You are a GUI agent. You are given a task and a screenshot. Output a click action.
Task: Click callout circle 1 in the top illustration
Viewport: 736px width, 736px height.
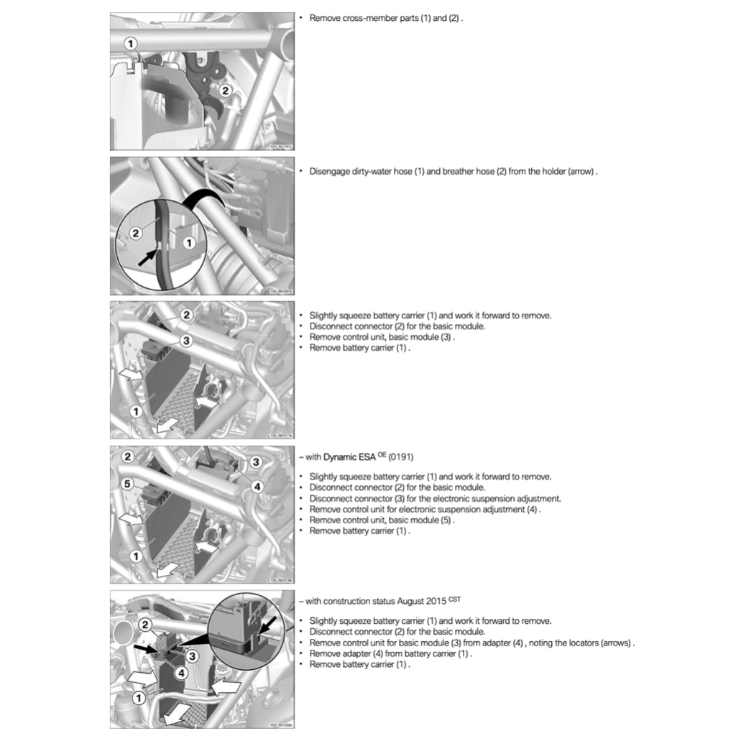(x=130, y=44)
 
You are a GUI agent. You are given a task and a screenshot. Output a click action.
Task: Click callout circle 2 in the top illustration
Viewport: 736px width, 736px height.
(x=225, y=91)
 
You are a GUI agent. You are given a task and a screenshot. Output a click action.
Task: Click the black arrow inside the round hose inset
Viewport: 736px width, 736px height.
(x=149, y=257)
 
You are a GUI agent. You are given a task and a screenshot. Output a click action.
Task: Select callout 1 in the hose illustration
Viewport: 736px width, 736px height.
(x=189, y=243)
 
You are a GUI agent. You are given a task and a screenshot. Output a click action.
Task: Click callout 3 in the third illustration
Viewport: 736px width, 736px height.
(x=185, y=340)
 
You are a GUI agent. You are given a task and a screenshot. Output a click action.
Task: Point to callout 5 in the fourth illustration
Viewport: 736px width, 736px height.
(x=127, y=484)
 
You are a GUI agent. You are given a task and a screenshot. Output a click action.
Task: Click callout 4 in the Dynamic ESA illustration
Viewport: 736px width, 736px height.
(x=258, y=486)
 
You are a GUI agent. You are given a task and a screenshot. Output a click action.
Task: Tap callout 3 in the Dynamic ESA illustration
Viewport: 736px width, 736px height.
(x=254, y=461)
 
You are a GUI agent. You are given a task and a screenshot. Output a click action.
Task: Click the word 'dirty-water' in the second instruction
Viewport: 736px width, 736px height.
(x=372, y=172)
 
